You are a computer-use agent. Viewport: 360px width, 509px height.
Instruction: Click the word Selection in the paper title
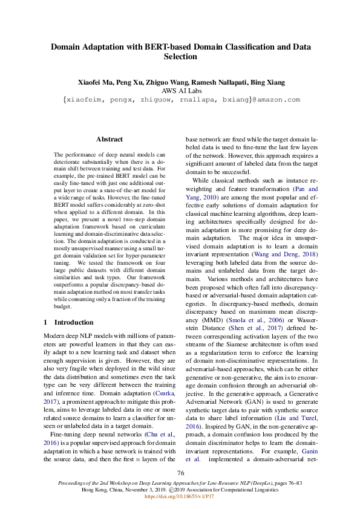[180, 57]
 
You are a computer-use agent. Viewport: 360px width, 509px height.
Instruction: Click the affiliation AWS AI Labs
[180, 91]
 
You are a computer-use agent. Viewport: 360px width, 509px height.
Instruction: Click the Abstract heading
[110, 139]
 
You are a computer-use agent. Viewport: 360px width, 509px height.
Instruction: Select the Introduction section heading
[74, 322]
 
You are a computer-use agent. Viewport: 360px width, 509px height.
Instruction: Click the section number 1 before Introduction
[47, 322]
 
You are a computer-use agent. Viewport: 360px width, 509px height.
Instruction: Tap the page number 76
[180, 473]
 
